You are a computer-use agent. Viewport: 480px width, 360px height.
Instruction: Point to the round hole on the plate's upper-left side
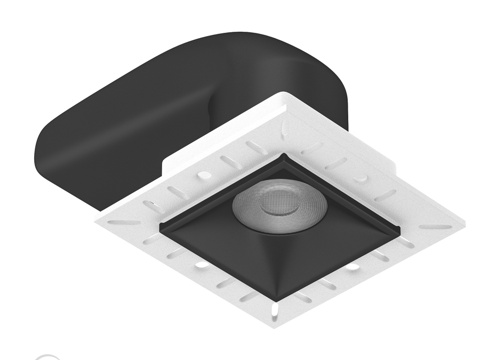point(204,175)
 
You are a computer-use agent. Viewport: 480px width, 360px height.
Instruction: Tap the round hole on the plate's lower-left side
point(199,264)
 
